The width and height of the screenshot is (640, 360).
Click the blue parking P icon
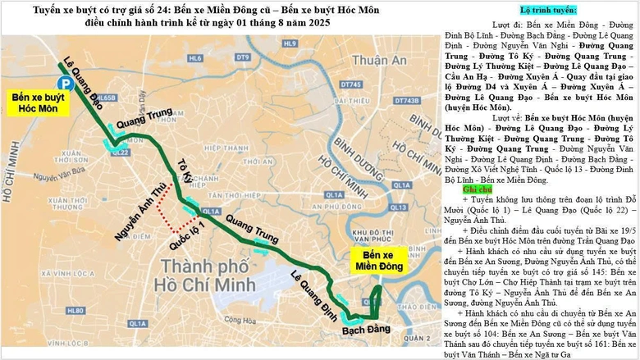tap(63, 82)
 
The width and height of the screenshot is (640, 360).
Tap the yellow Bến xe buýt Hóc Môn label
tap(38, 102)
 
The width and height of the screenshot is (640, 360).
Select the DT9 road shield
tap(242, 58)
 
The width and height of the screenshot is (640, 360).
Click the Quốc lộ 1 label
tap(186, 234)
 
